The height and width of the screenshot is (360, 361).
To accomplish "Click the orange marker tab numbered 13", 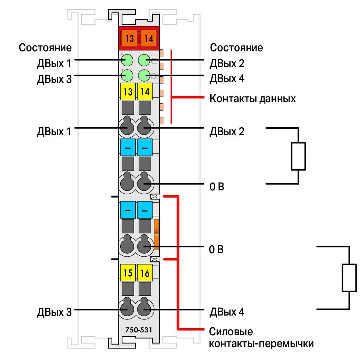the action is (129, 38).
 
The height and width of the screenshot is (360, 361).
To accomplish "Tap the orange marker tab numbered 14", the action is (148, 38).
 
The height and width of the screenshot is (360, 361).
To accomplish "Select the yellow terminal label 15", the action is (128, 273).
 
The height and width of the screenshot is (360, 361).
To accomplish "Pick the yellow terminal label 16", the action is (145, 273).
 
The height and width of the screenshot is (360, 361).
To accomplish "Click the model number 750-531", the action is (139, 330).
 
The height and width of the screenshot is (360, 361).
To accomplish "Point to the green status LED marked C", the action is (144, 60).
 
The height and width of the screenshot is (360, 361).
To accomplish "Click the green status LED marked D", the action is (144, 75).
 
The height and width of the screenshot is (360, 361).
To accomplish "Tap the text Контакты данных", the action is (253, 99).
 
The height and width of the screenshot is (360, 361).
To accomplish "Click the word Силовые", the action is (231, 331).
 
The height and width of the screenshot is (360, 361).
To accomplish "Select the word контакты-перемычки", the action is (261, 344).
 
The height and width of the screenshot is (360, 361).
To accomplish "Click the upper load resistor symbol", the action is (298, 156).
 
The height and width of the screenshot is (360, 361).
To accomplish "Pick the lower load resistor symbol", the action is (349, 278).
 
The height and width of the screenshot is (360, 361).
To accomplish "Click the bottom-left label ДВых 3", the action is (54, 312).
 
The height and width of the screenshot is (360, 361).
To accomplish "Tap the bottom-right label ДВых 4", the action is (227, 312).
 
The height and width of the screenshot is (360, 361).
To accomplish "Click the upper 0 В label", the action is (217, 186).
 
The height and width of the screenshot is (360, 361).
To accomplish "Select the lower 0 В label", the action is (216, 249).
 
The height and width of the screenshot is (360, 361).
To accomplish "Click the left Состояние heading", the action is (45, 48).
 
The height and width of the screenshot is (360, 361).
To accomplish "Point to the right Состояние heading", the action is (236, 48).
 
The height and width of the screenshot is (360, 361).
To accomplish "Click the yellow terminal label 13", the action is (128, 91).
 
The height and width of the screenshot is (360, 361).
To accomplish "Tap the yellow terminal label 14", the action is (145, 91).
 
